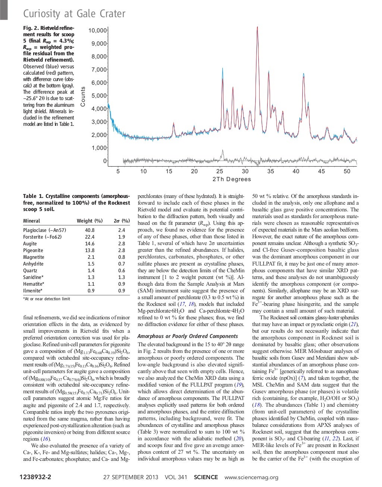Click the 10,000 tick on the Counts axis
98,31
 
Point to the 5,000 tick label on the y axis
99,96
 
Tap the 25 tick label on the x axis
219,171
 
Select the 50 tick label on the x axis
347,171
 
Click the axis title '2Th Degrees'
231,179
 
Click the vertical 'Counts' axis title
83,96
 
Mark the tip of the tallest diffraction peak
257,27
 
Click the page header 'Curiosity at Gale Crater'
74,14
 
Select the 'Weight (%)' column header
90,221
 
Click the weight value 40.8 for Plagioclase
90,230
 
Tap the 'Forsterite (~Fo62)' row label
42,237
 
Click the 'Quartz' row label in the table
30,271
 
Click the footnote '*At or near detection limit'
46,299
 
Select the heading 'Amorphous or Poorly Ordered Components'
188,336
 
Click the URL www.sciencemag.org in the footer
251,477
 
